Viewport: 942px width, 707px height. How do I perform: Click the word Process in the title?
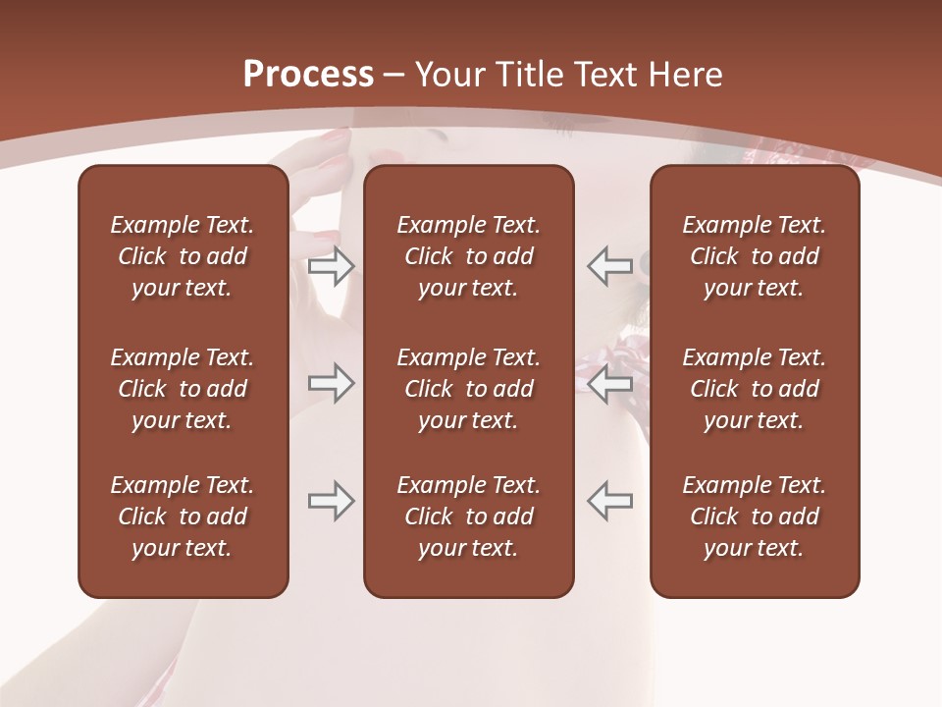308,75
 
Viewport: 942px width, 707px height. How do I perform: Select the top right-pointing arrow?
332,266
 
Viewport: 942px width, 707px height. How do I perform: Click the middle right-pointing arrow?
332,383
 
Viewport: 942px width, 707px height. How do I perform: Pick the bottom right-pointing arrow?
332,500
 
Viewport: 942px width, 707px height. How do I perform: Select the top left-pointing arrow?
609,266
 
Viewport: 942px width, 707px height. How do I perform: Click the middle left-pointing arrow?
609,383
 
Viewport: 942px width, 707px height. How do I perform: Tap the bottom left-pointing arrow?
609,500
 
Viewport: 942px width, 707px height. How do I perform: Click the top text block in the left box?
183,256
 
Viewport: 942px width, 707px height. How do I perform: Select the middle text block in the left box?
183,389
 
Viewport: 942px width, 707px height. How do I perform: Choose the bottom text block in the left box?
183,517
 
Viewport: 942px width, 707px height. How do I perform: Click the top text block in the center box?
469,256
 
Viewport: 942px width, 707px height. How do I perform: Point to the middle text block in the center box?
469,389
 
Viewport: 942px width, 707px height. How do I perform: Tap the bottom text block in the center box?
469,517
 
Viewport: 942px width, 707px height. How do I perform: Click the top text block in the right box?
755,256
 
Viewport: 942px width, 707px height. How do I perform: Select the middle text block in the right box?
755,389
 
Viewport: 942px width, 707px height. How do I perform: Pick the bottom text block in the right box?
755,517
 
